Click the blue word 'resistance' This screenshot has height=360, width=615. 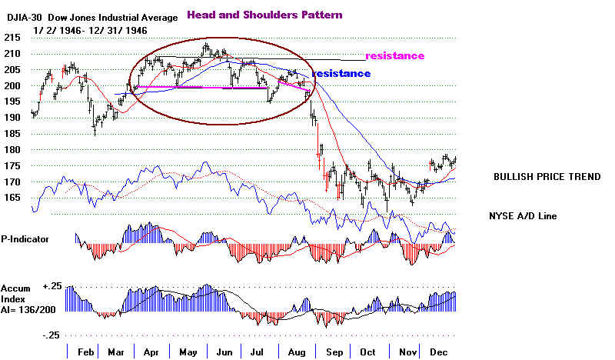(x=341, y=73)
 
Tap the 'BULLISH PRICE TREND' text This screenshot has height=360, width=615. (x=547, y=177)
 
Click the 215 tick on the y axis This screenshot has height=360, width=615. (x=12, y=38)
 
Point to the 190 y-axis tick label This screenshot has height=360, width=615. (x=12, y=118)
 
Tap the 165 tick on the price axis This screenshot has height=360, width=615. (x=12, y=198)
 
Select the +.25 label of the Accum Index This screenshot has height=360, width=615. (x=53, y=285)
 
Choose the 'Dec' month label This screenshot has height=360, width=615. (x=439, y=351)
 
